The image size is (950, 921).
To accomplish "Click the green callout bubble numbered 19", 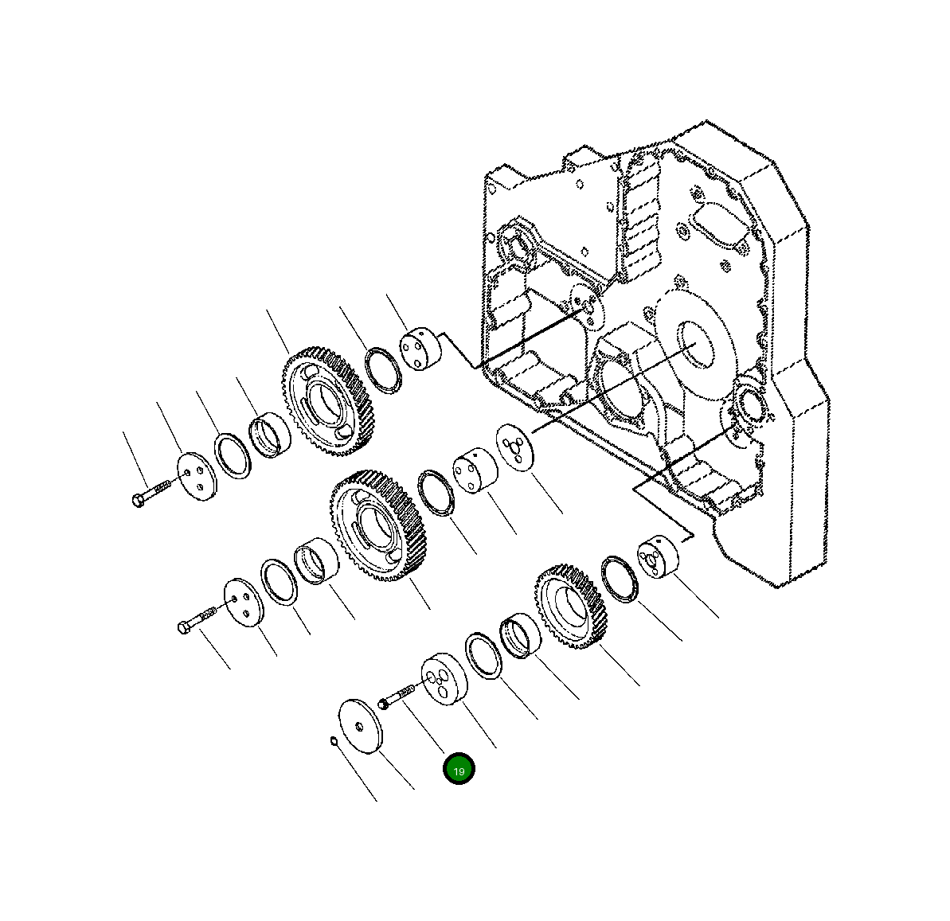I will point(459,769).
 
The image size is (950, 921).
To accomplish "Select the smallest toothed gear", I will point(572,606).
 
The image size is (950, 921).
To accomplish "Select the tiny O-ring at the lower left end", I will point(334,743).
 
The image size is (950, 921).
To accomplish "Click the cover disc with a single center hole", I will point(360,725).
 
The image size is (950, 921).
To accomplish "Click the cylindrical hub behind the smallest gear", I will point(657,557).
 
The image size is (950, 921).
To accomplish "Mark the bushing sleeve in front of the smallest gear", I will point(521,636).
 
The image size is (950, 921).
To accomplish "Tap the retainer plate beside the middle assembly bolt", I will point(243,603).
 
